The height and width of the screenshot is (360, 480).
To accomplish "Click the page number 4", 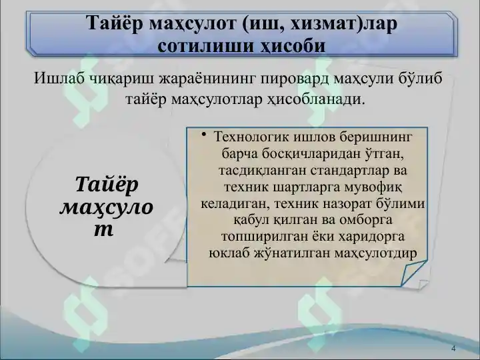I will (x=453, y=349).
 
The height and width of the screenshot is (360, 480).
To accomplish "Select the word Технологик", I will (x=250, y=137).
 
